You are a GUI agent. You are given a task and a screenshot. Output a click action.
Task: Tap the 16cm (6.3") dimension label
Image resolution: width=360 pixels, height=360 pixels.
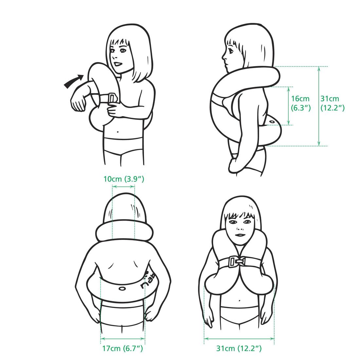(x=301, y=103)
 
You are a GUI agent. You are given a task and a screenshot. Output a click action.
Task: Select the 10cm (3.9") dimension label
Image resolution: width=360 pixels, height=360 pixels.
(x=124, y=179)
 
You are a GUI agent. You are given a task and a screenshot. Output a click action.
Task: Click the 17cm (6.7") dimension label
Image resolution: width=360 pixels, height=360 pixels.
(x=123, y=348)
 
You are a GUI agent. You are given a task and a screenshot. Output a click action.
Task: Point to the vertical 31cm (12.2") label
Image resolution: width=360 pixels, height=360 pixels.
(x=333, y=103)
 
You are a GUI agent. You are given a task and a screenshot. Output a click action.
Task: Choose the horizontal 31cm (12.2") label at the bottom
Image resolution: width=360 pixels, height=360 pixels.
(x=239, y=348)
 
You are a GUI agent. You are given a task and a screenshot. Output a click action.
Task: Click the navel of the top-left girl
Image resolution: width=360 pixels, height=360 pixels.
(x=118, y=132)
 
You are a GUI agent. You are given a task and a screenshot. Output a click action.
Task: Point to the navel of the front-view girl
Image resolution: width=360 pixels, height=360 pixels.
(x=240, y=300)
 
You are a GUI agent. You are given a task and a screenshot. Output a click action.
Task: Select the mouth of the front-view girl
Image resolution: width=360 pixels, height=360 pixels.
(x=240, y=235)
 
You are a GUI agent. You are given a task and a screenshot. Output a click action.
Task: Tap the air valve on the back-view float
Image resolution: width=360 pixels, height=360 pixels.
(x=122, y=288)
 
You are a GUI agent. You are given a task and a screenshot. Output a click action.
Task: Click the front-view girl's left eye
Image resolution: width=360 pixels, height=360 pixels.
(x=247, y=222)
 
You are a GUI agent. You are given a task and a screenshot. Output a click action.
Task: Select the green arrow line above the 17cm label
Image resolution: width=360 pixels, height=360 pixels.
(x=123, y=338)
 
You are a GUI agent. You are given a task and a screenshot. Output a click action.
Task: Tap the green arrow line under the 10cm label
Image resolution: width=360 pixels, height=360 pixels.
(x=123, y=187)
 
